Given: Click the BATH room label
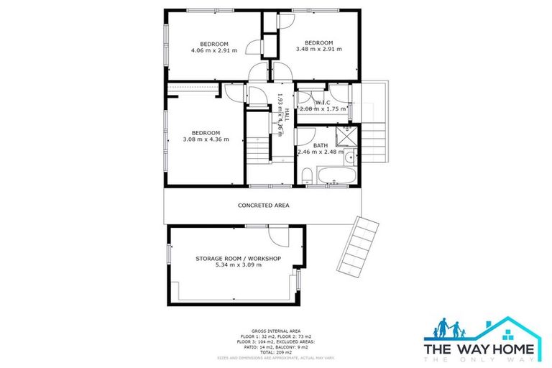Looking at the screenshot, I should [x=320, y=144].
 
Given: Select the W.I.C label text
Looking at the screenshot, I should [x=321, y=101].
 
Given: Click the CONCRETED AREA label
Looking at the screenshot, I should [x=263, y=206].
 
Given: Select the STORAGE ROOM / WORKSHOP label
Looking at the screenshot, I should [x=238, y=258].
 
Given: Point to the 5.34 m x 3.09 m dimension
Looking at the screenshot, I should [x=238, y=265].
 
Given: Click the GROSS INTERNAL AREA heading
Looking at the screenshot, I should [x=276, y=326].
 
